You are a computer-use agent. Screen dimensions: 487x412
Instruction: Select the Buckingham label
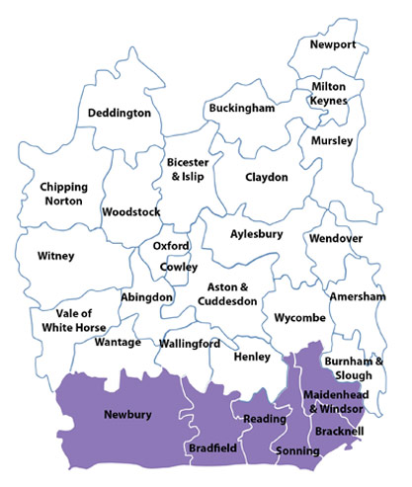coord(241,108)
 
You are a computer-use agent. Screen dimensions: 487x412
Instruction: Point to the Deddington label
coord(120,114)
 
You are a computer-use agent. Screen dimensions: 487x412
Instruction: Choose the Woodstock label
coord(131,212)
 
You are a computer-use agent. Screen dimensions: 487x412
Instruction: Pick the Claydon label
coord(267,178)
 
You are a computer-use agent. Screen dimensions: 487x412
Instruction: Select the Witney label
coord(55,257)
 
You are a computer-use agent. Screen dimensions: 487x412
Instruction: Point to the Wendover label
coord(336,239)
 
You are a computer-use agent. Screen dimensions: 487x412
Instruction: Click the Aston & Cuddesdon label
coord(225,294)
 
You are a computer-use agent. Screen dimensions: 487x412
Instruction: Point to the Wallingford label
coord(189,344)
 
